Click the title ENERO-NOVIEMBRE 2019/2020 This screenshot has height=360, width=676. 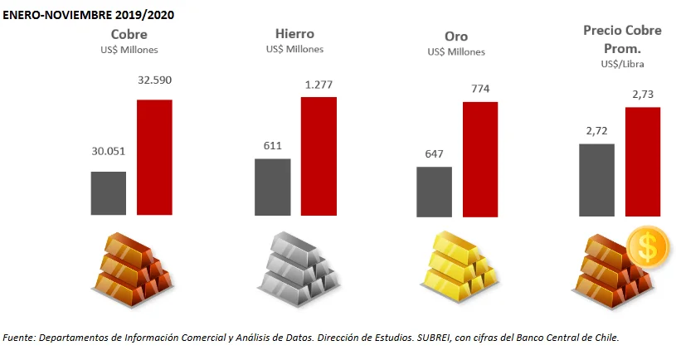click(x=89, y=15)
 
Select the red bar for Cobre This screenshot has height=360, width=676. click(x=154, y=157)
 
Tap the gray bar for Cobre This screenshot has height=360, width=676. click(x=108, y=192)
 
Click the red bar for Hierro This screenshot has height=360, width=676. click(x=319, y=155)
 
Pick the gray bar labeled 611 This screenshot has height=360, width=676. click(x=272, y=186)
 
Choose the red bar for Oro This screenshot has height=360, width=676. click(x=479, y=158)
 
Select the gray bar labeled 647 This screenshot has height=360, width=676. click(x=434, y=191)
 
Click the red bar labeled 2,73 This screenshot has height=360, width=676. click(x=642, y=161)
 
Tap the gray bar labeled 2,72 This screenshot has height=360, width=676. click(x=596, y=179)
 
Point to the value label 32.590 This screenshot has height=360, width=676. click(x=154, y=80)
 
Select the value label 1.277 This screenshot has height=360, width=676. click(x=319, y=84)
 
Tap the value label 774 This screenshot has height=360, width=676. click(x=479, y=87)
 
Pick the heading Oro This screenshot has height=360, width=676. click(x=456, y=36)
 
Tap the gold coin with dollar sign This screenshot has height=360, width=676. click(x=646, y=247)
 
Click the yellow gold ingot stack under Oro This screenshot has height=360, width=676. click(x=457, y=265)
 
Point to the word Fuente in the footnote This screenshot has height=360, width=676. click(x=20, y=337)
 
